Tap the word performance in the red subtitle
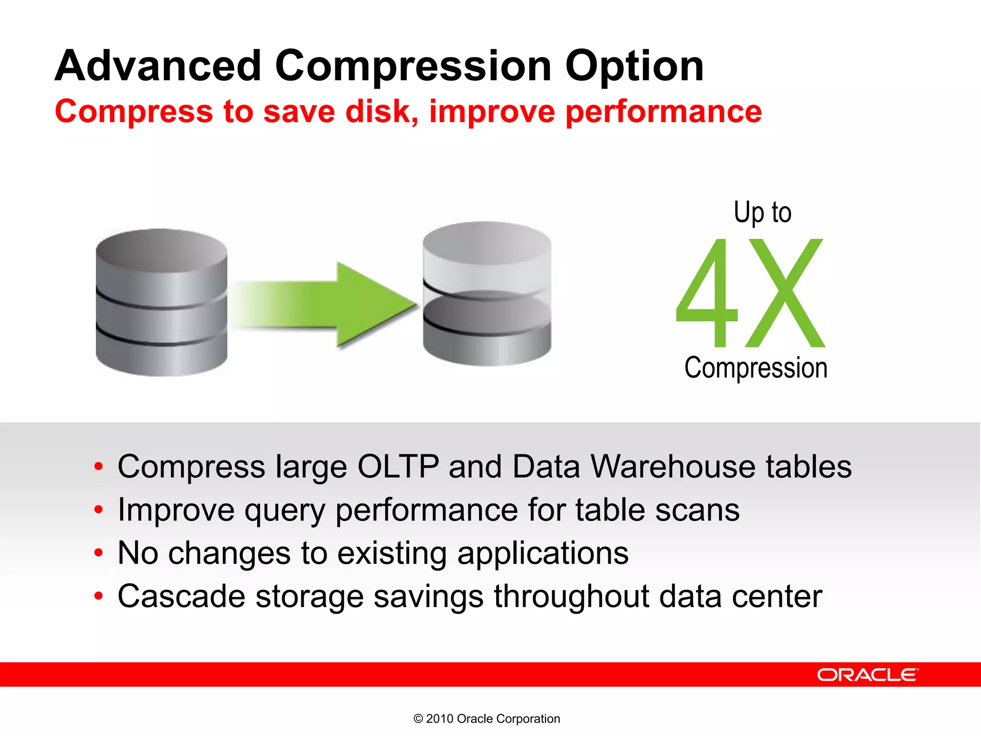click(663, 112)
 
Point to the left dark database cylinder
click(161, 302)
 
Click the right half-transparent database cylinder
click(487, 293)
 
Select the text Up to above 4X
click(762, 212)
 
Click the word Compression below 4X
click(756, 368)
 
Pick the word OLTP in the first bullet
click(398, 466)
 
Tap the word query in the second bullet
click(285, 510)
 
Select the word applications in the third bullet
click(543, 553)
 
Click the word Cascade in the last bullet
click(182, 597)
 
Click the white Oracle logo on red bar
click(867, 675)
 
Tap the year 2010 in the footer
click(439, 719)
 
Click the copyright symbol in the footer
click(418, 719)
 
